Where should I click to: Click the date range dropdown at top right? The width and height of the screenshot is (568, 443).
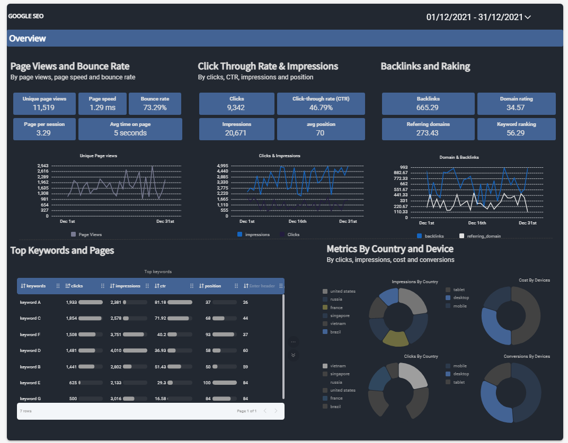(478, 17)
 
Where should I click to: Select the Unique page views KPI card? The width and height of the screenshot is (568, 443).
(45, 104)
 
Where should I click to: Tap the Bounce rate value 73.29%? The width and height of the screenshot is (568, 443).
(155, 108)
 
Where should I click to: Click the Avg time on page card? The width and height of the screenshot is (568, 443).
(130, 129)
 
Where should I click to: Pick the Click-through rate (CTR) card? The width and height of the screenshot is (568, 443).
(321, 104)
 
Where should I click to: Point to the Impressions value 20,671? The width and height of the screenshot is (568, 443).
(236, 133)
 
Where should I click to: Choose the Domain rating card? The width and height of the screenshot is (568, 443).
(516, 104)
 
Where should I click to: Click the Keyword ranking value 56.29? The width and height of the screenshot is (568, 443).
(516, 133)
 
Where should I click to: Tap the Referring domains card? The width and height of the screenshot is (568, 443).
(428, 129)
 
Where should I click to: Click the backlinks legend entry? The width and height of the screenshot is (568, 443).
(434, 236)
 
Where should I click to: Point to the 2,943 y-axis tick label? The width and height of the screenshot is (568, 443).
(43, 166)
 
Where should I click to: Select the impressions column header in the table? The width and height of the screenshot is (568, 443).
(128, 286)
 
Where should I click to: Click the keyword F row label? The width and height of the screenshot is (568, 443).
(31, 334)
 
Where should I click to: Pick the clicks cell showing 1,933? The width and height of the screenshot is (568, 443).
(72, 302)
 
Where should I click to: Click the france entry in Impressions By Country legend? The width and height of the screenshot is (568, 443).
(336, 308)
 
